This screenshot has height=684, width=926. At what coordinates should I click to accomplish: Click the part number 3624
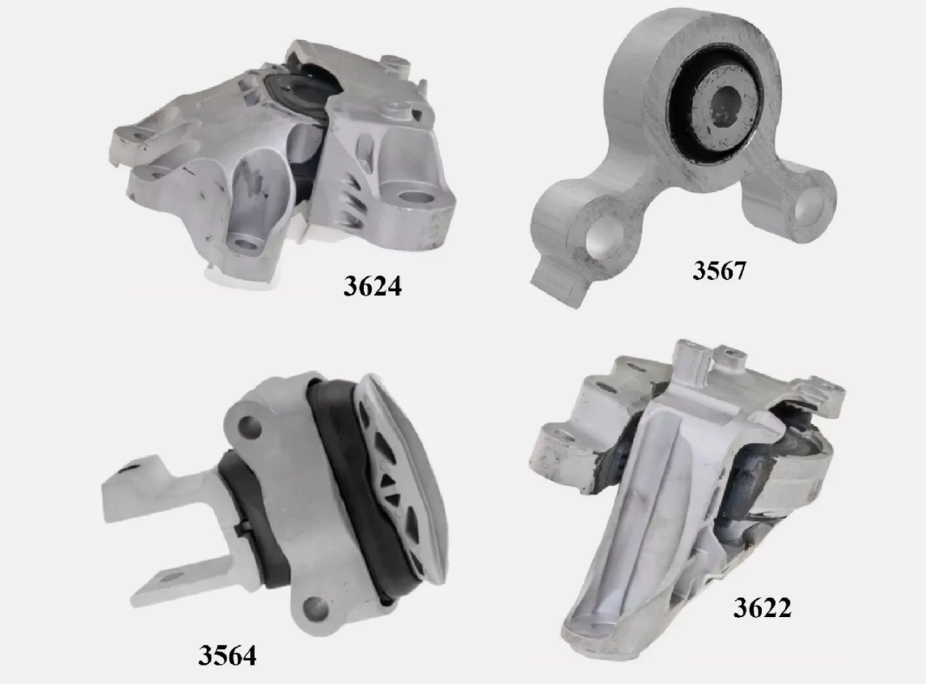(x=373, y=286)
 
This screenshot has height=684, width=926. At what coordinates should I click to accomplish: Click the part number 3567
(x=718, y=270)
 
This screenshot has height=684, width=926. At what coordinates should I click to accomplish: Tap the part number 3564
(x=227, y=654)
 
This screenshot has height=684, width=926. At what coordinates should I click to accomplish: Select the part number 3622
(x=762, y=608)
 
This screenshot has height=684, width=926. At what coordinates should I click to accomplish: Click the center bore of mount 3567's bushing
(x=722, y=107)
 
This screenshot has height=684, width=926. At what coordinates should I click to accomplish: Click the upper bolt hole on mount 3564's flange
(x=250, y=427)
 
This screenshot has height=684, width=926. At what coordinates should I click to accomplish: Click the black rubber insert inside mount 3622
(x=782, y=469)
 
